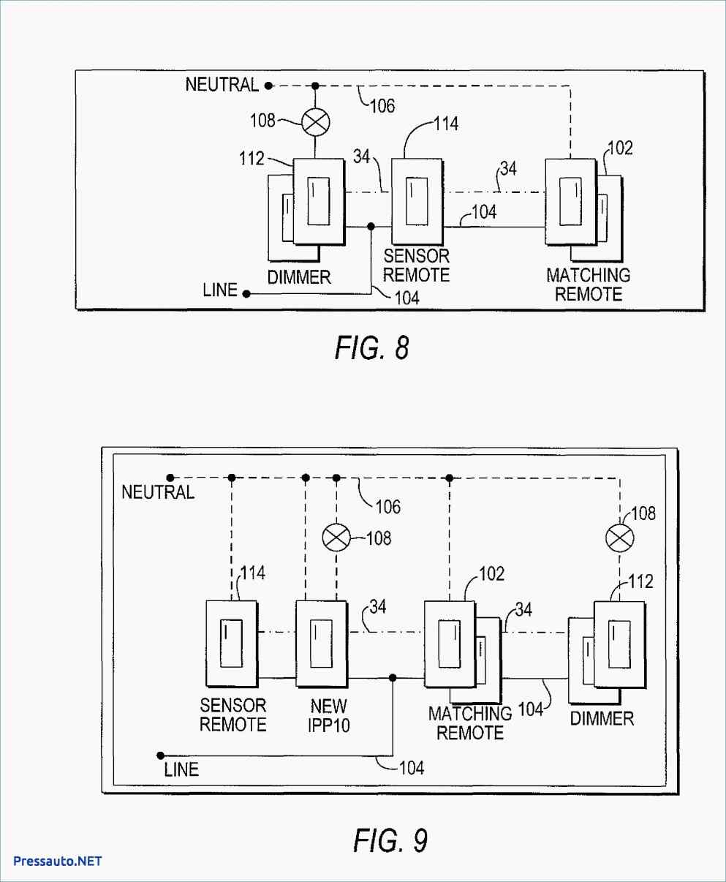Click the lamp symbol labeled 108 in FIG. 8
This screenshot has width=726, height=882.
coord(316,122)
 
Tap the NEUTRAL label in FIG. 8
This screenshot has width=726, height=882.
coord(222,85)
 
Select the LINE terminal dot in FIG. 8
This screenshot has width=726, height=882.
coord(246,294)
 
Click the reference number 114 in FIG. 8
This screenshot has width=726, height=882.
coord(446,124)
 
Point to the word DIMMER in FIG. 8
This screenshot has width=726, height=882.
coord(299,277)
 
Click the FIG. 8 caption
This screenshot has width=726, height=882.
coord(372,348)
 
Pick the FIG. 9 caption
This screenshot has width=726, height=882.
coord(390,840)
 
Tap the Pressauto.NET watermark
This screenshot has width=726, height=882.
coord(57,861)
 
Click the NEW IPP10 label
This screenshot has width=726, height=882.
coord(329,715)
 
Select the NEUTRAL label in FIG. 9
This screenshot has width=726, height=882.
coord(158,492)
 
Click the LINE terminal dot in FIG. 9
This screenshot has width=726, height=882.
coord(160,755)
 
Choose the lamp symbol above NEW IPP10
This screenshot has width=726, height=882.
coord(336,538)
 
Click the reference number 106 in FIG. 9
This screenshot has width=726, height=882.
coord(388,507)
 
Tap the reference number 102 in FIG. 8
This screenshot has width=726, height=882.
coord(620,148)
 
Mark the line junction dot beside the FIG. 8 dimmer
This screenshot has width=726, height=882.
coord(371,227)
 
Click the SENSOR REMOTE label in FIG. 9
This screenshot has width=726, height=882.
coord(233,715)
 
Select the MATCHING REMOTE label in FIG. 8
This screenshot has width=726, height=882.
coord(589,284)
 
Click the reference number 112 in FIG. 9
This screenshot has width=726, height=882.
coord(640,581)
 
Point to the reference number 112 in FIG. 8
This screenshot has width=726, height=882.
coord(252,159)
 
